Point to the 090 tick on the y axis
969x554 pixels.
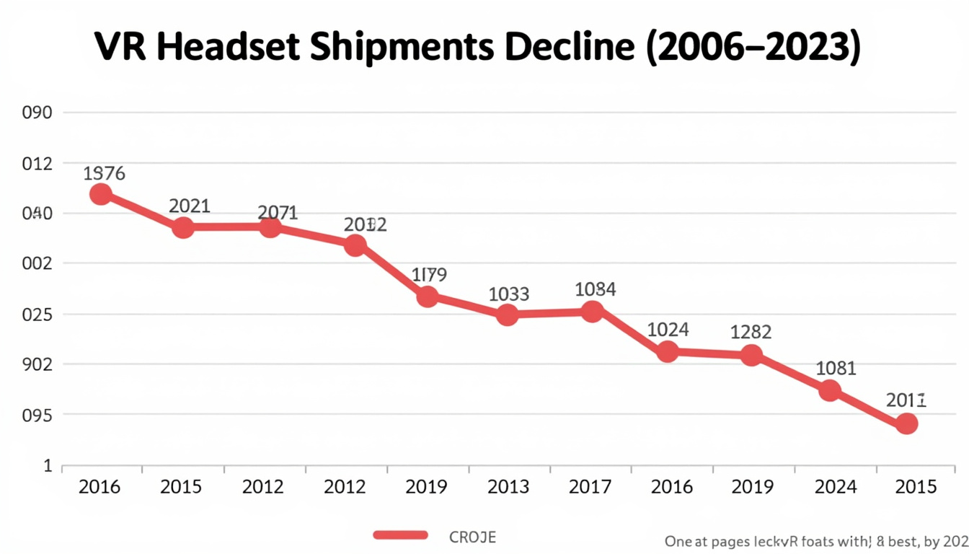pyautogui.click(x=37, y=113)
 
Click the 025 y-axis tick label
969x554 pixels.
pyautogui.click(x=37, y=315)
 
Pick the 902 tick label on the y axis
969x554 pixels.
pyautogui.click(x=37, y=364)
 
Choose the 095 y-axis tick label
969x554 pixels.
pyautogui.click(x=37, y=415)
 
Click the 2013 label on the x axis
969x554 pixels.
pyautogui.click(x=508, y=487)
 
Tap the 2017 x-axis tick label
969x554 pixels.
pyautogui.click(x=590, y=487)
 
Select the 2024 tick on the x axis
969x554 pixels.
pyautogui.click(x=835, y=487)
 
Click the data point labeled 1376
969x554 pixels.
pyautogui.click(x=101, y=194)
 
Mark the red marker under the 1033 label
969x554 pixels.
pyautogui.click(x=508, y=315)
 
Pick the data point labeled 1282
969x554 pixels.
pyautogui.click(x=751, y=355)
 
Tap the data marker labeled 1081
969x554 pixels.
pyautogui.click(x=830, y=390)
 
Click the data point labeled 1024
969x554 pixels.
pyautogui.click(x=668, y=352)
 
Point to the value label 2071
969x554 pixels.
pyautogui.click(x=278, y=212)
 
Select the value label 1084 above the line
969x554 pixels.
pyautogui.click(x=595, y=289)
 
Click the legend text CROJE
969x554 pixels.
pyautogui.click(x=472, y=537)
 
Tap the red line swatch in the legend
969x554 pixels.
pyautogui.click(x=401, y=535)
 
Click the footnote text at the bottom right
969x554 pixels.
pyautogui.click(x=815, y=542)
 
